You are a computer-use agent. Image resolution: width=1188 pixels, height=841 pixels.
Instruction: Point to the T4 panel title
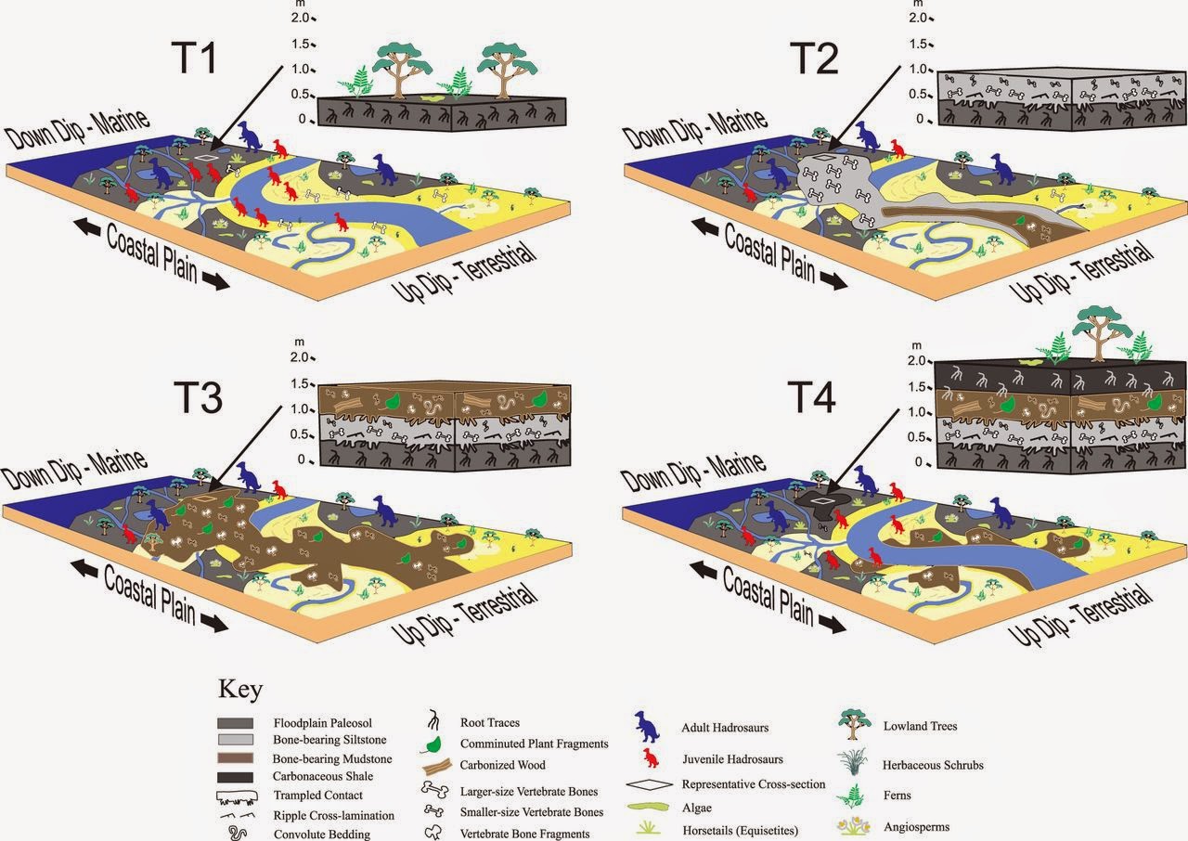click(811, 395)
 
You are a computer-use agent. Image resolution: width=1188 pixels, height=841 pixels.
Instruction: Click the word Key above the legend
click(240, 691)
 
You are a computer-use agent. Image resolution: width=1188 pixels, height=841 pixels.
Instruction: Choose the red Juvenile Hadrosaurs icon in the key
click(652, 758)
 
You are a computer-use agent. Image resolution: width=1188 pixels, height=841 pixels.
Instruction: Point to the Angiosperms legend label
click(916, 826)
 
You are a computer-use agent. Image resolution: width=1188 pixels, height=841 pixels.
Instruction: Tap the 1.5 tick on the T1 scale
click(298, 44)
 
